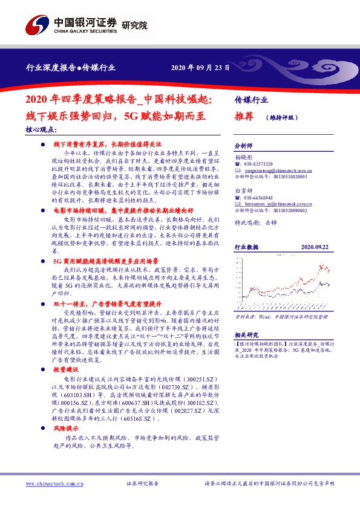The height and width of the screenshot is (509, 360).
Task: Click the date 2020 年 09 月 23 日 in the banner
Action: tap(201, 68)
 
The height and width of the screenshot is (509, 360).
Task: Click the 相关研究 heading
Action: tap(246, 334)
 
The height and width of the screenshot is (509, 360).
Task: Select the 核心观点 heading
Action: tap(42, 129)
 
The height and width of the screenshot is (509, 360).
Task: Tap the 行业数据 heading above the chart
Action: tap(246, 247)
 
